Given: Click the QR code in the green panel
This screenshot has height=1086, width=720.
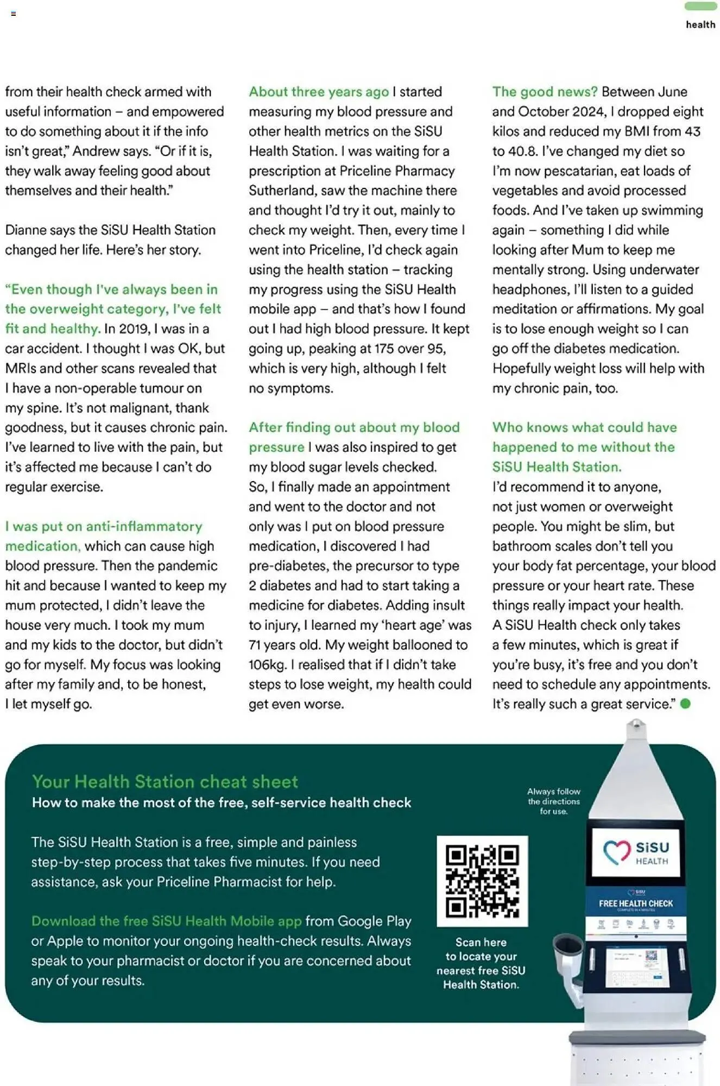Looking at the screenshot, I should (482, 881).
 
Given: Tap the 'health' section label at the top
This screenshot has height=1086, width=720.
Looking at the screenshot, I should (700, 24).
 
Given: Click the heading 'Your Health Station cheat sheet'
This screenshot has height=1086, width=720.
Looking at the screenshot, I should (165, 781).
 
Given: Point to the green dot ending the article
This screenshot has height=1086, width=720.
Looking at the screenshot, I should (686, 704).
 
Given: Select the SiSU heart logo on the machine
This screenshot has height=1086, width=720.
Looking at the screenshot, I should (616, 852).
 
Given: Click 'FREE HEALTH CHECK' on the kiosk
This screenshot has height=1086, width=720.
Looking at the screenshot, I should (636, 904).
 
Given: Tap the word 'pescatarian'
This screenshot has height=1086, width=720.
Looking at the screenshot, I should (580, 171).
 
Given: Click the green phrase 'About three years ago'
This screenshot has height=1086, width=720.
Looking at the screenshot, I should (319, 92).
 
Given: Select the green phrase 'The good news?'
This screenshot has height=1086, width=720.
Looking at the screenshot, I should (545, 92).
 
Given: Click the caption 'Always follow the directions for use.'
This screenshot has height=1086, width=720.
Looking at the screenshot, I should (554, 801).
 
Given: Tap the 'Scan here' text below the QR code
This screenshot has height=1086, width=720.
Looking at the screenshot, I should (481, 942).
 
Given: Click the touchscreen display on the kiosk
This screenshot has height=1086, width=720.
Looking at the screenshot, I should (636, 967).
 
